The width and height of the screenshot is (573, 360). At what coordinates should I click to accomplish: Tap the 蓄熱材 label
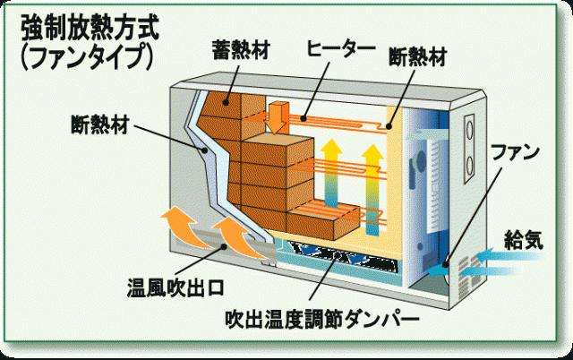point(240,47)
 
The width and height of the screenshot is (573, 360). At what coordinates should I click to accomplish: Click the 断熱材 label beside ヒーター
point(417,56)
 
